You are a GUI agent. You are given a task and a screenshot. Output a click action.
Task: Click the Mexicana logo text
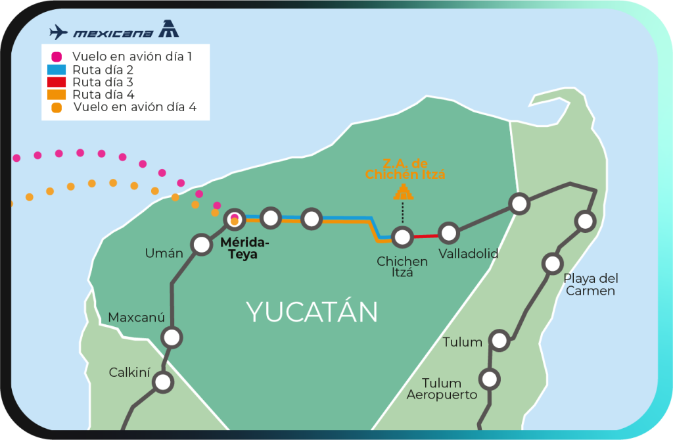pyautogui.click(x=113, y=33)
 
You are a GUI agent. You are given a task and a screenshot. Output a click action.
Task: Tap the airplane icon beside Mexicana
pyautogui.click(x=58, y=32)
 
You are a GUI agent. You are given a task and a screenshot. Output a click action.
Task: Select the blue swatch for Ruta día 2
pyautogui.click(x=57, y=69)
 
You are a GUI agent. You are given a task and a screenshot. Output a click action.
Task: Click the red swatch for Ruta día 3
pyautogui.click(x=57, y=82)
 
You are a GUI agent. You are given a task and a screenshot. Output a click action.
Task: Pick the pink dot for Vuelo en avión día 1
pyautogui.click(x=57, y=57)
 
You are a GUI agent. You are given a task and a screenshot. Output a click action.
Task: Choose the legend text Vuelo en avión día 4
pyautogui.click(x=135, y=107)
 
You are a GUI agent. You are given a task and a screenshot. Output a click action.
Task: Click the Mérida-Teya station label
pyautogui.click(x=244, y=248)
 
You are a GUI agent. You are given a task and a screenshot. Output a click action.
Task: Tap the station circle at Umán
pyautogui.click(x=200, y=245)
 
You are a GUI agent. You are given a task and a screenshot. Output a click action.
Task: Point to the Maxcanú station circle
pyautogui.click(x=172, y=338)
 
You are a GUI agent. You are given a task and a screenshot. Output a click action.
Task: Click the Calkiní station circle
pyautogui.click(x=163, y=381)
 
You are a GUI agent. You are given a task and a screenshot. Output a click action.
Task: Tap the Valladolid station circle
pyautogui.click(x=449, y=233)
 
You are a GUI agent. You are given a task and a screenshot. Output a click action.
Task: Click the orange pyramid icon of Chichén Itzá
pyautogui.click(x=403, y=191)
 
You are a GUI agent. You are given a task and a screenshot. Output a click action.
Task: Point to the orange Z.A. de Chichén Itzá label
pyautogui.click(x=405, y=169)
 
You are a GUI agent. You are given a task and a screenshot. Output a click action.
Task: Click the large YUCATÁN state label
pyautogui.click(x=312, y=312)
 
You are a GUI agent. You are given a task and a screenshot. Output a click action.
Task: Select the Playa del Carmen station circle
pyautogui.click(x=552, y=264)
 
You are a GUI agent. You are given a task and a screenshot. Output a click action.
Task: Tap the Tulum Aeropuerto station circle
pyautogui.click(x=489, y=379)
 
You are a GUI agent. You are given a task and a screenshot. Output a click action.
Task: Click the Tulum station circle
pyautogui.click(x=499, y=341)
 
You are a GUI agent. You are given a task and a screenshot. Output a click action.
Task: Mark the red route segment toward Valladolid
pyautogui.click(x=425, y=235)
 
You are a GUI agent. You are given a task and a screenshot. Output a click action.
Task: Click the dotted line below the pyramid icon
pyautogui.click(x=403, y=213)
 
